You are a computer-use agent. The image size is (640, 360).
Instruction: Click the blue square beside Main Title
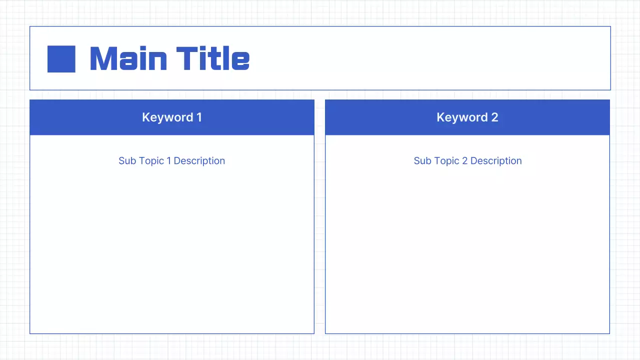point(61,59)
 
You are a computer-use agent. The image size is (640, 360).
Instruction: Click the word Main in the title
point(128,58)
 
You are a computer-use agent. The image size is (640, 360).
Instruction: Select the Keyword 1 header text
point(171,117)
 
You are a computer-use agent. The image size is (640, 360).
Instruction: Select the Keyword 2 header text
point(467,117)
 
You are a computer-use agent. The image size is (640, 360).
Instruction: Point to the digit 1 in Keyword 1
point(199,117)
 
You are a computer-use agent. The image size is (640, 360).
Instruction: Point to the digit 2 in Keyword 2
point(494,117)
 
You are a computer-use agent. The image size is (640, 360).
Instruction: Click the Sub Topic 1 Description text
point(171,161)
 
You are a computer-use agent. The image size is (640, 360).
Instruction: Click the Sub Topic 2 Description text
point(467,161)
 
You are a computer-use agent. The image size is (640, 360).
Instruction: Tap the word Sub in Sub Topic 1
point(127,161)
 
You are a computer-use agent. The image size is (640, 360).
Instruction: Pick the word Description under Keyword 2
point(496,161)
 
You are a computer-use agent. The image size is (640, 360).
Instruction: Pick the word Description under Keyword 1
point(199,161)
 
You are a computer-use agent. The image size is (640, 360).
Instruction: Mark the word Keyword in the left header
point(167,117)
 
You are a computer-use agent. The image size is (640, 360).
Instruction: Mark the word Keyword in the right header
point(462,117)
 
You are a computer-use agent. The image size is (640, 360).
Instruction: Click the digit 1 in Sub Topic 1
point(168,161)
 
